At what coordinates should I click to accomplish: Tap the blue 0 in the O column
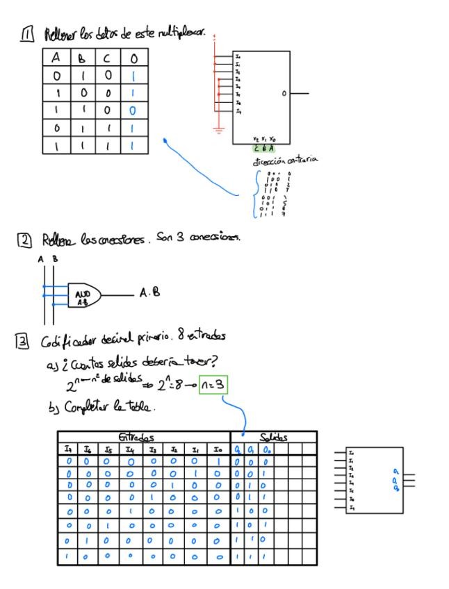pos(132,110)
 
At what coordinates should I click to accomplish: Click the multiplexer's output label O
pos(284,93)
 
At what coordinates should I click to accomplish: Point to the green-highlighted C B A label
pos(263,149)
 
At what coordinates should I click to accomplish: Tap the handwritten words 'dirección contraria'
pos(284,160)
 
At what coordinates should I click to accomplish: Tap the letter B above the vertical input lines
pos(55,260)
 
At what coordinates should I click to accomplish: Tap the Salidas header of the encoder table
pos(273,438)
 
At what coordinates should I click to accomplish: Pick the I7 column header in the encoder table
pos(69,449)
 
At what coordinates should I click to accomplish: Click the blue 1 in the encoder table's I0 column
pos(220,461)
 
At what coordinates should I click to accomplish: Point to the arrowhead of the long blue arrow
pos(165,141)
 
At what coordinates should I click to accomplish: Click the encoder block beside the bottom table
pos(374,479)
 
